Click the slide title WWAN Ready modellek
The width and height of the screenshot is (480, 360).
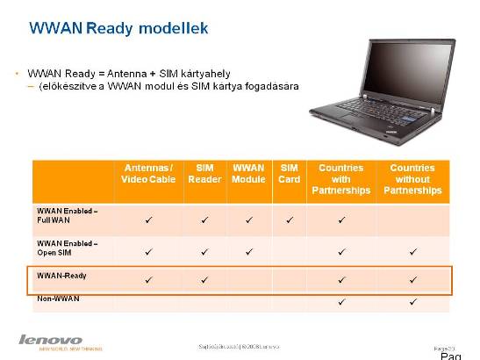(x=118, y=29)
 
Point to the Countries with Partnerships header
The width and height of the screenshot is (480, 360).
(x=341, y=179)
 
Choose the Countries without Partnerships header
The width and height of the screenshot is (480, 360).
(x=412, y=179)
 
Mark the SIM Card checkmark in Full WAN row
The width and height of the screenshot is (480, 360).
(x=290, y=220)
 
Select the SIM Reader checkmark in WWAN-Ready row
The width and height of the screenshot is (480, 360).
(x=204, y=279)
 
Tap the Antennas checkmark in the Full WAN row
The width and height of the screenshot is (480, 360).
(x=147, y=220)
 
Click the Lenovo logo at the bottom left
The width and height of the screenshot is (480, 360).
(x=51, y=340)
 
